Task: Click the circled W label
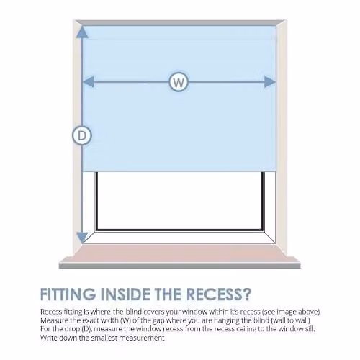click(x=179, y=81)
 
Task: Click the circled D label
click(x=82, y=135)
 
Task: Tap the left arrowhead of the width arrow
click(x=88, y=81)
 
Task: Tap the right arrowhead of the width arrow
click(x=270, y=81)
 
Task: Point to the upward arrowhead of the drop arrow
click(x=82, y=32)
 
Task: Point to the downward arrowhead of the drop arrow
click(x=82, y=238)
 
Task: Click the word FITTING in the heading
click(x=68, y=294)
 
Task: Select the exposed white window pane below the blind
click(x=179, y=200)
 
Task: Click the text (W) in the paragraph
click(x=125, y=320)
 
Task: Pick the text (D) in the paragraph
click(x=86, y=329)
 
